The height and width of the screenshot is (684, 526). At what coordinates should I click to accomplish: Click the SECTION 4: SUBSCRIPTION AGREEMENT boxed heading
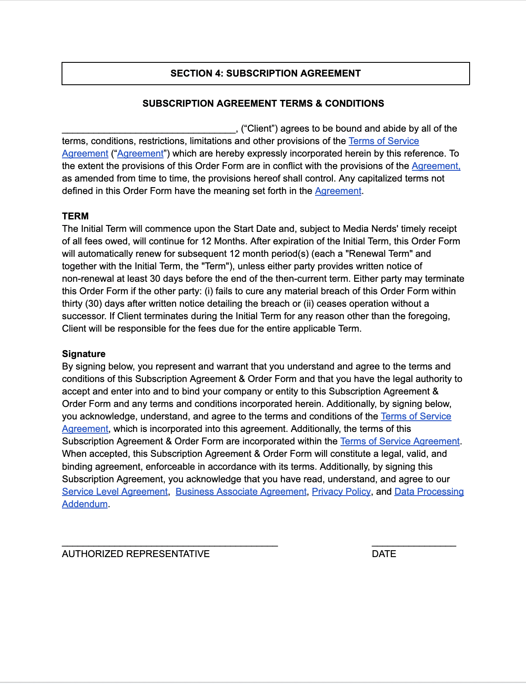pyautogui.click(x=266, y=74)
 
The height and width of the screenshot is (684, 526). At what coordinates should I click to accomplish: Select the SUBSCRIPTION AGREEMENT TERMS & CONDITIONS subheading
pyautogui.click(x=263, y=104)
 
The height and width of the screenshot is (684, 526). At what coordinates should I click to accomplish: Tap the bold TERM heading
pyautogui.click(x=75, y=216)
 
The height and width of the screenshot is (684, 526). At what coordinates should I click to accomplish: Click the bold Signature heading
pyautogui.click(x=84, y=354)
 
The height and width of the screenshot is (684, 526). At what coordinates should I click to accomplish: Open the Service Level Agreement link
pyautogui.click(x=114, y=492)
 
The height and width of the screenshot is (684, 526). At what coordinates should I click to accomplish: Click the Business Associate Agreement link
pyautogui.click(x=241, y=492)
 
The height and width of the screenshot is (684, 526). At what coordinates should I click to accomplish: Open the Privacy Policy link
pyautogui.click(x=341, y=492)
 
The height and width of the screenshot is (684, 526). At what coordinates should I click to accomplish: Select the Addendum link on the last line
pyautogui.click(x=85, y=504)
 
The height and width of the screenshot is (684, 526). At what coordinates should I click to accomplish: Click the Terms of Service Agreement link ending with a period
pyautogui.click(x=400, y=441)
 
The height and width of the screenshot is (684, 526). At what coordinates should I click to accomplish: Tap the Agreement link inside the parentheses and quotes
pyautogui.click(x=140, y=154)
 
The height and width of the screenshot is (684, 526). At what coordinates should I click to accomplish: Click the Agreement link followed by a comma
pyautogui.click(x=436, y=166)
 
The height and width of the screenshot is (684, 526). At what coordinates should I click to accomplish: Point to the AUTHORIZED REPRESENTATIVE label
pyautogui.click(x=136, y=554)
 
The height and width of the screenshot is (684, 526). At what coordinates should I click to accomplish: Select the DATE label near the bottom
pyautogui.click(x=384, y=554)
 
